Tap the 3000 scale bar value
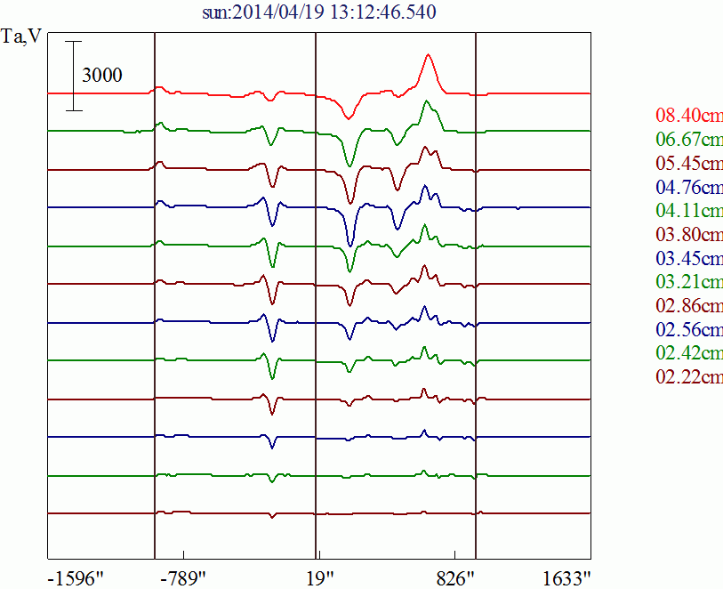(x=102, y=76)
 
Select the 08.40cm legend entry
(x=688, y=116)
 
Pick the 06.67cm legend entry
(x=688, y=140)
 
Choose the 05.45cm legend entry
(x=688, y=164)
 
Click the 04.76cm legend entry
(x=688, y=188)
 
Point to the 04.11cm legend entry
(x=688, y=211)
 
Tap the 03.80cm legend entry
(x=688, y=235)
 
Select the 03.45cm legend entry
(x=688, y=259)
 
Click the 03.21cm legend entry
(x=688, y=283)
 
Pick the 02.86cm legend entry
(x=688, y=306)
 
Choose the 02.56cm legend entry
(x=688, y=330)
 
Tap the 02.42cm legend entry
(x=688, y=354)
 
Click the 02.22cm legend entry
(x=688, y=377)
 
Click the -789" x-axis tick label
(x=183, y=577)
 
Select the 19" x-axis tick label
(x=317, y=577)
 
